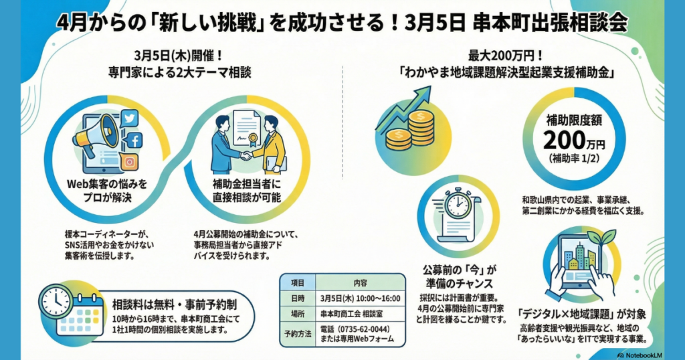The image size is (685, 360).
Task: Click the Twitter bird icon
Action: [129, 118]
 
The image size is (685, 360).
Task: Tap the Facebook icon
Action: [135, 141]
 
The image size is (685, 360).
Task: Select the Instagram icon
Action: [130, 162]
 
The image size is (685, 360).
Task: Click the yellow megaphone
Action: [96, 133]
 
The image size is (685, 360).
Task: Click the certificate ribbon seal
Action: [252, 139]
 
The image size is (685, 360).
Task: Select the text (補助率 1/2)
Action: [574, 158]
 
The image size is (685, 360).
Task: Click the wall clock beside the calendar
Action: [56, 302]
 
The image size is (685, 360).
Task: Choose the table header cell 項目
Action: [298, 282]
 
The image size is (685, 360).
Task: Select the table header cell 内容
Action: [361, 282]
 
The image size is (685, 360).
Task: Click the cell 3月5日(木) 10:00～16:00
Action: [361, 298]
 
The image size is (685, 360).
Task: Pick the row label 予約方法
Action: [298, 334]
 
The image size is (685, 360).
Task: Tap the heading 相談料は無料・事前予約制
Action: [175, 304]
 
